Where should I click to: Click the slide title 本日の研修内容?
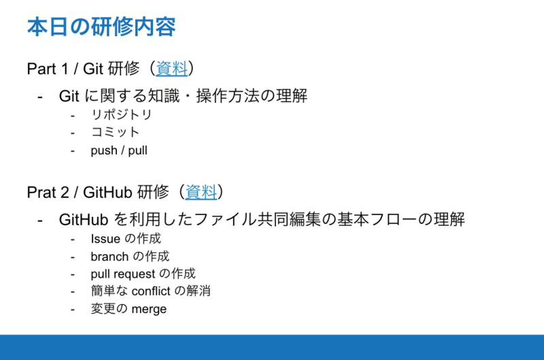(101, 27)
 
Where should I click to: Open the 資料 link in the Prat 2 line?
(201, 192)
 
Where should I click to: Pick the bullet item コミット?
(115, 132)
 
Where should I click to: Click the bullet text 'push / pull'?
(119, 150)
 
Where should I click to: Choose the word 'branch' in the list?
(109, 257)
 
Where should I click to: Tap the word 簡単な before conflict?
(108, 291)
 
